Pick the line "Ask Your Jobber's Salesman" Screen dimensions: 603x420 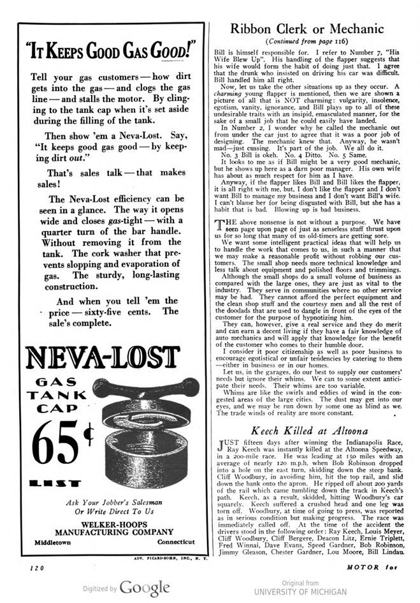tap(112, 501)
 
